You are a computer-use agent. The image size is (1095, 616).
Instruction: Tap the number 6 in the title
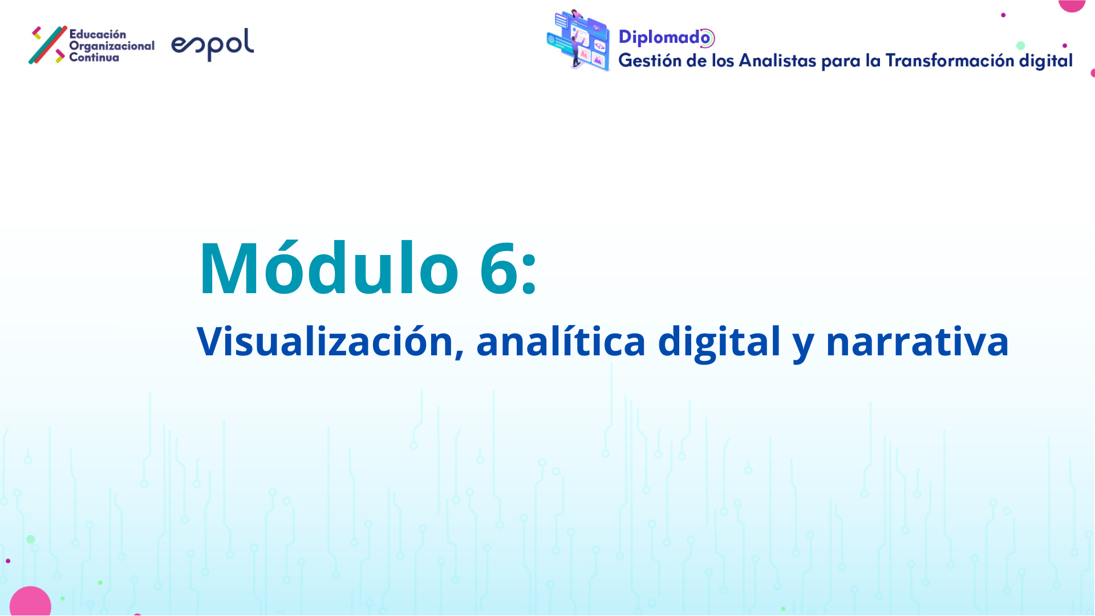point(499,268)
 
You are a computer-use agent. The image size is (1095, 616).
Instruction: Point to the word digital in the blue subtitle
point(719,342)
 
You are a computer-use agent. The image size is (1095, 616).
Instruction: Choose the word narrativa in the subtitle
point(917,341)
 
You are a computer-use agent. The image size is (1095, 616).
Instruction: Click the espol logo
point(212,44)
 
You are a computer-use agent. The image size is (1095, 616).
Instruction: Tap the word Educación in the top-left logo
point(98,34)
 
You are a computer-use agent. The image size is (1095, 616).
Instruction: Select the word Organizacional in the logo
point(112,46)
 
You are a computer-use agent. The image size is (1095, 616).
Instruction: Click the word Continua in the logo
point(94,57)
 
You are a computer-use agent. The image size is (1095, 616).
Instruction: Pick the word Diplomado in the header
point(666,38)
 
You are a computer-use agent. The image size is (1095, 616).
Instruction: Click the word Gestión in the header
point(650,60)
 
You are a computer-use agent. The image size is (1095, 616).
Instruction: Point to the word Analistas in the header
point(777,60)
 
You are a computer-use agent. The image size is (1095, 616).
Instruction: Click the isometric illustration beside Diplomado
point(578,40)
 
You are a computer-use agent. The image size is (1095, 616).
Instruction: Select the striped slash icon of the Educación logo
point(48,44)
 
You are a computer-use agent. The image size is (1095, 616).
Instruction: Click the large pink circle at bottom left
point(30,602)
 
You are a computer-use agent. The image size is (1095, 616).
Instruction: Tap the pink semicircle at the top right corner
point(1072,6)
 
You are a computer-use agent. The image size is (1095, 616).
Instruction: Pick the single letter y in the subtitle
point(803,346)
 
